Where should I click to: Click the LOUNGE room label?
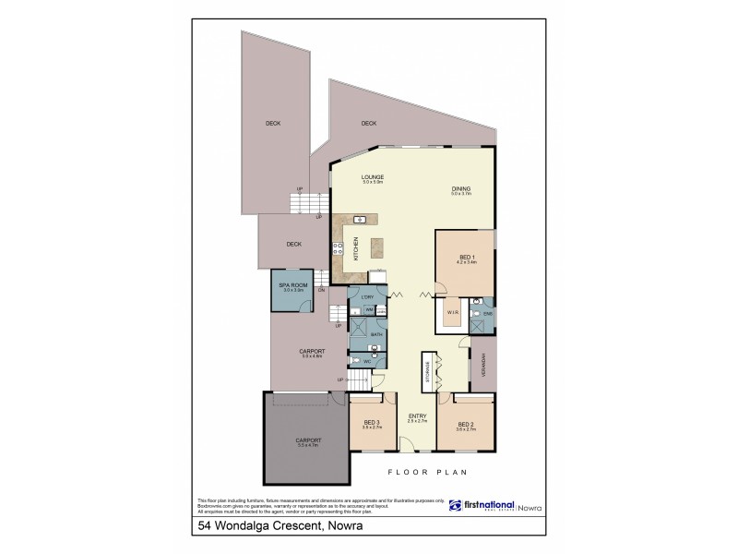tap(373, 176)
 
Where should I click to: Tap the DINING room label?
tap(461, 188)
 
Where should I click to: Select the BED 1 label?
tap(467, 257)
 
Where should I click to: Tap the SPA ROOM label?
tap(292, 286)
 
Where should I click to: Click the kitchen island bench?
tap(376, 248)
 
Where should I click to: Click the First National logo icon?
tap(455, 505)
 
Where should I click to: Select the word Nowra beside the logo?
tap(529, 506)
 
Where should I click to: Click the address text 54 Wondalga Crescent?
tap(261, 528)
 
